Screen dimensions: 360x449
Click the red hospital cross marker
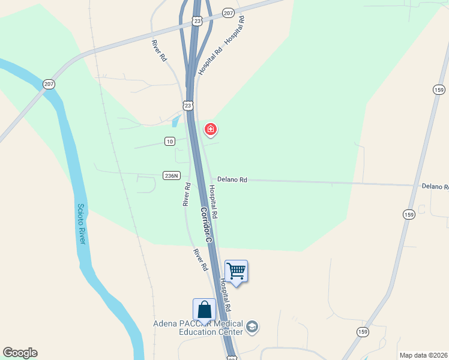click(210, 129)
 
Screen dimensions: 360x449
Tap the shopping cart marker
click(237, 271)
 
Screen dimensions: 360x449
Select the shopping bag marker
click(204, 310)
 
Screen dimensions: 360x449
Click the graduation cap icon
click(252, 326)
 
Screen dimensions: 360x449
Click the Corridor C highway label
click(206, 224)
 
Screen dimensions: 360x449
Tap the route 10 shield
click(170, 142)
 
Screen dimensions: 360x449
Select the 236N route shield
click(170, 175)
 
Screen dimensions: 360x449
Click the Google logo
click(20, 353)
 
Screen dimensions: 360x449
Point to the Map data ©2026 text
click(423, 355)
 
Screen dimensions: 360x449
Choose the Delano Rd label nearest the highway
click(232, 179)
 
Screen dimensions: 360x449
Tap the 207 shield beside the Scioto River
click(49, 84)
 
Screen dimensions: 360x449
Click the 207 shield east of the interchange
click(228, 13)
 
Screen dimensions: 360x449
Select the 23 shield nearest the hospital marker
click(188, 106)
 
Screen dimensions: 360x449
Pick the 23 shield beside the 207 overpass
click(197, 21)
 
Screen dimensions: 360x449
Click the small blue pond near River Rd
click(175, 122)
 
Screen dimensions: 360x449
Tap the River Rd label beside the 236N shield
click(186, 194)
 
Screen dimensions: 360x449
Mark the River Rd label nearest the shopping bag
click(200, 259)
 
